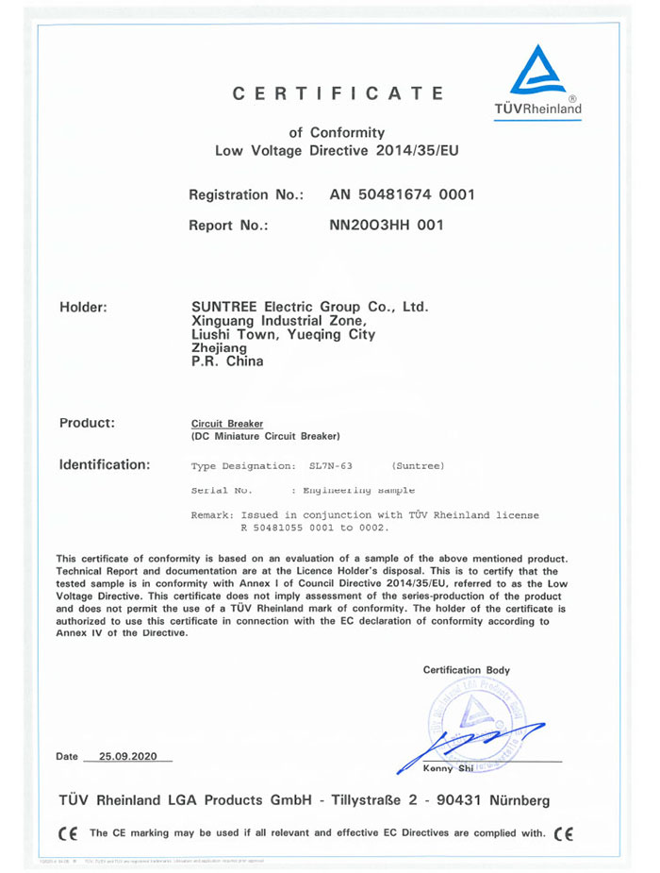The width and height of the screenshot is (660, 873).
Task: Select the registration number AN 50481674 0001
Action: tap(402, 195)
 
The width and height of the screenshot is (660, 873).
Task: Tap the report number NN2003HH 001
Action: tap(385, 226)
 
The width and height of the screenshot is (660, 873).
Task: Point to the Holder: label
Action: tap(83, 307)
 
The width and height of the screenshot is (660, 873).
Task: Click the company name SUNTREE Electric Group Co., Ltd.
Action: tap(309, 307)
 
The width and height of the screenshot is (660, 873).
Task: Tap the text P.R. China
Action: tap(227, 361)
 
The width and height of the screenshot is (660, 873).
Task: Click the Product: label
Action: tap(87, 423)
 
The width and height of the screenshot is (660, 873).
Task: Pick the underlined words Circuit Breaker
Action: tap(227, 424)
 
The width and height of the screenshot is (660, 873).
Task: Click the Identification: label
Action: tap(105, 464)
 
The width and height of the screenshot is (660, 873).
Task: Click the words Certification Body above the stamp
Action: tap(467, 670)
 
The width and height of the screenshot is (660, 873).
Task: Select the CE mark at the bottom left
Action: tap(67, 833)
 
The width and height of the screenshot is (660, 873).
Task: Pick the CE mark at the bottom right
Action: tap(564, 833)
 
